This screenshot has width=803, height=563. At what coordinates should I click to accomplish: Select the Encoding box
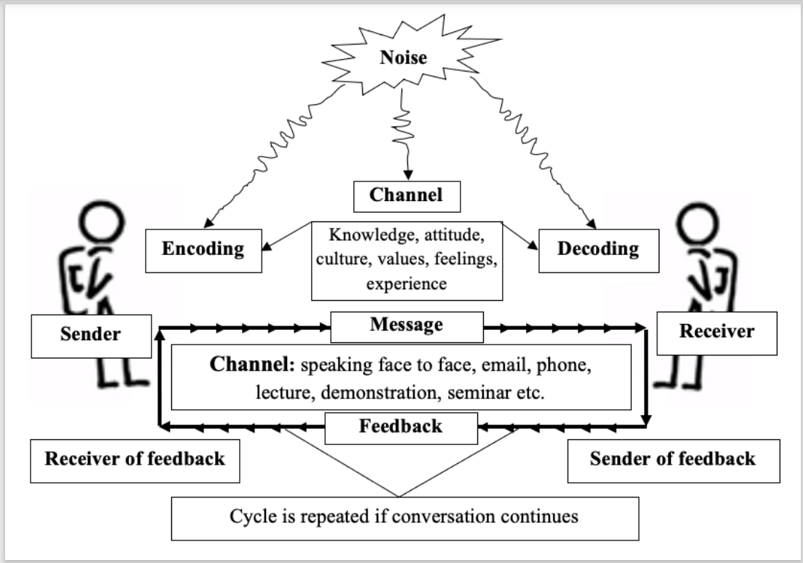[x=203, y=248]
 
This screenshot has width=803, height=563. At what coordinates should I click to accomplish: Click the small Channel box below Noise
[x=406, y=195]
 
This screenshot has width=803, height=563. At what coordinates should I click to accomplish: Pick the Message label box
[x=407, y=326]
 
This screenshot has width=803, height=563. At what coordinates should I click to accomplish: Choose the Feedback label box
[x=401, y=427]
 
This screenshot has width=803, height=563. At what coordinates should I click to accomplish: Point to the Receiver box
[x=717, y=332]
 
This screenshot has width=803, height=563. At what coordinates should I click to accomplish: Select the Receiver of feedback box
[x=135, y=459]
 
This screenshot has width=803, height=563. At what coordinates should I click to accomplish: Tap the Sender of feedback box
[x=673, y=459]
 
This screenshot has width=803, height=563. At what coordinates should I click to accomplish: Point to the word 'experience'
[x=407, y=284]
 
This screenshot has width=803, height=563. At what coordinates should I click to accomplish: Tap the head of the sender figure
[x=98, y=221]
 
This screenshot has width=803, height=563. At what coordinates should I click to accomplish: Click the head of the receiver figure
[x=700, y=221]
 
